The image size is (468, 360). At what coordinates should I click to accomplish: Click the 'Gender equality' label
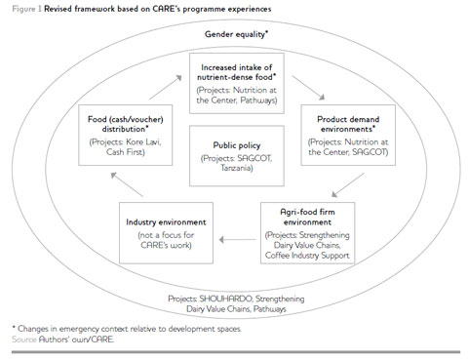[235, 34]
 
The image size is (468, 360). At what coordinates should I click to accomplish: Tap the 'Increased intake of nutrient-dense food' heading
[235, 72]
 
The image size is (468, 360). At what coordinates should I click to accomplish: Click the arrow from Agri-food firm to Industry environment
[238, 236]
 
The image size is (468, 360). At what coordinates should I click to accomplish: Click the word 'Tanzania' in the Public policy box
[234, 166]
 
